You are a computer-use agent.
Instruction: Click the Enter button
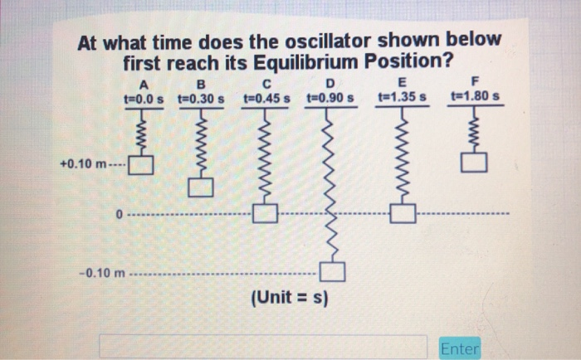click(461, 348)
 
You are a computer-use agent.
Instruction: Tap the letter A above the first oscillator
click(144, 84)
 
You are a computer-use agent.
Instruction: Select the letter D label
click(330, 84)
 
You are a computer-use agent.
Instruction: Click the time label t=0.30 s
click(203, 98)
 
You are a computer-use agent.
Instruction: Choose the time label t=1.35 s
click(403, 98)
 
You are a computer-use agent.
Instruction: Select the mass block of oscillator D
click(332, 271)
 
